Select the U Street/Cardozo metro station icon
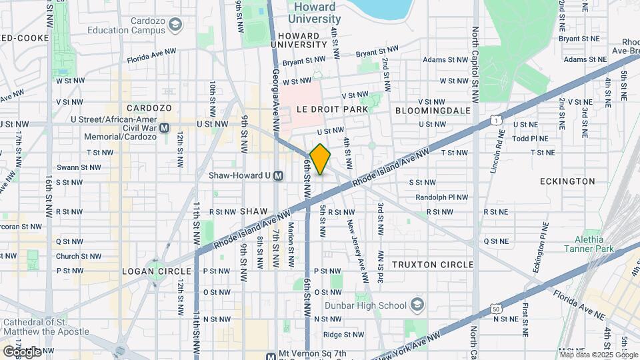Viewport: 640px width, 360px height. pos(165,127)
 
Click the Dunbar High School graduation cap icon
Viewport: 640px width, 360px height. pos(417,305)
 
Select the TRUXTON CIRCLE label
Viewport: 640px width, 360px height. pos(433,265)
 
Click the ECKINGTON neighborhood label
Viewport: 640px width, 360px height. pos(568,181)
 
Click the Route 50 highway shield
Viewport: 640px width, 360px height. pos(495,309)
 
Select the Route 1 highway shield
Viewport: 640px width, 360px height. pos(495,120)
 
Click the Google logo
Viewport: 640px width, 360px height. pos(21,351)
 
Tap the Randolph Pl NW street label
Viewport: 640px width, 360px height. pos(441,197)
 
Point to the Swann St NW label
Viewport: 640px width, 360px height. pos(79,168)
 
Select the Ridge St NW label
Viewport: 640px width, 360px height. pos(343,335)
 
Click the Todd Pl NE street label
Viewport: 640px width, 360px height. pos(530,139)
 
